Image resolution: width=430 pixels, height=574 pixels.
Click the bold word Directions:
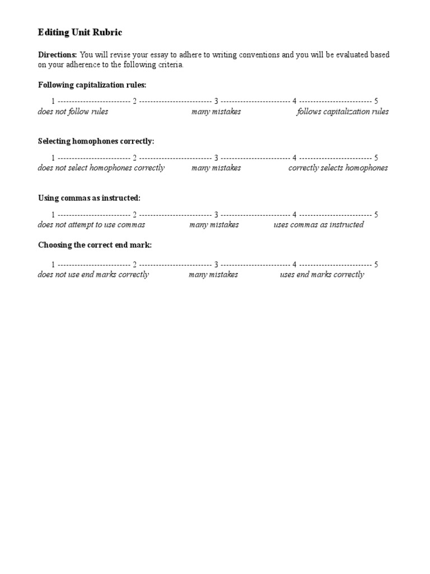[57, 55]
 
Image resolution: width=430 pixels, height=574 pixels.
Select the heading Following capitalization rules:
[92, 85]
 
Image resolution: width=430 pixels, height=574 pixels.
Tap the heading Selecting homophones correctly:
[96, 142]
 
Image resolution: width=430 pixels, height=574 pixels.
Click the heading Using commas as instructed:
[89, 198]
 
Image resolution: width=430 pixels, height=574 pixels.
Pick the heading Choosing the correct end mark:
[95, 246]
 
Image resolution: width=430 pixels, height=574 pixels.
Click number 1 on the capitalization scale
[53, 101]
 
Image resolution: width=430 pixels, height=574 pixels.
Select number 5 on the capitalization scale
[376, 101]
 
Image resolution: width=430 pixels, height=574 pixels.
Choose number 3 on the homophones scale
[216, 158]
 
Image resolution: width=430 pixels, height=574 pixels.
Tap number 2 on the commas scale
[134, 215]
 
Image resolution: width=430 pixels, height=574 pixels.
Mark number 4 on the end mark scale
[295, 265]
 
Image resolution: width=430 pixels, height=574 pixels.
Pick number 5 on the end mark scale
[376, 265]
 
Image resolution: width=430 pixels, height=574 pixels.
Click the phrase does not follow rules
[73, 112]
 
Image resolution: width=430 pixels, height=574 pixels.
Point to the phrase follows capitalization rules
[343, 112]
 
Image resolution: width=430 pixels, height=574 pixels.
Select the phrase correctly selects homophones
[338, 168]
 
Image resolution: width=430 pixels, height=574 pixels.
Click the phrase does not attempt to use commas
[91, 225]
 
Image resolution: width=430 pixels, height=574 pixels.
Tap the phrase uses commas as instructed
[319, 225]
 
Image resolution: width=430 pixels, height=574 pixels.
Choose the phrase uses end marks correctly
[322, 275]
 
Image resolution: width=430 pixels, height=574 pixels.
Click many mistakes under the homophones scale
[216, 168]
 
